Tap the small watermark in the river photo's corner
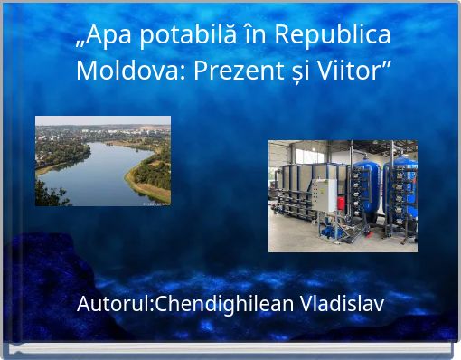tap(155, 204)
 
